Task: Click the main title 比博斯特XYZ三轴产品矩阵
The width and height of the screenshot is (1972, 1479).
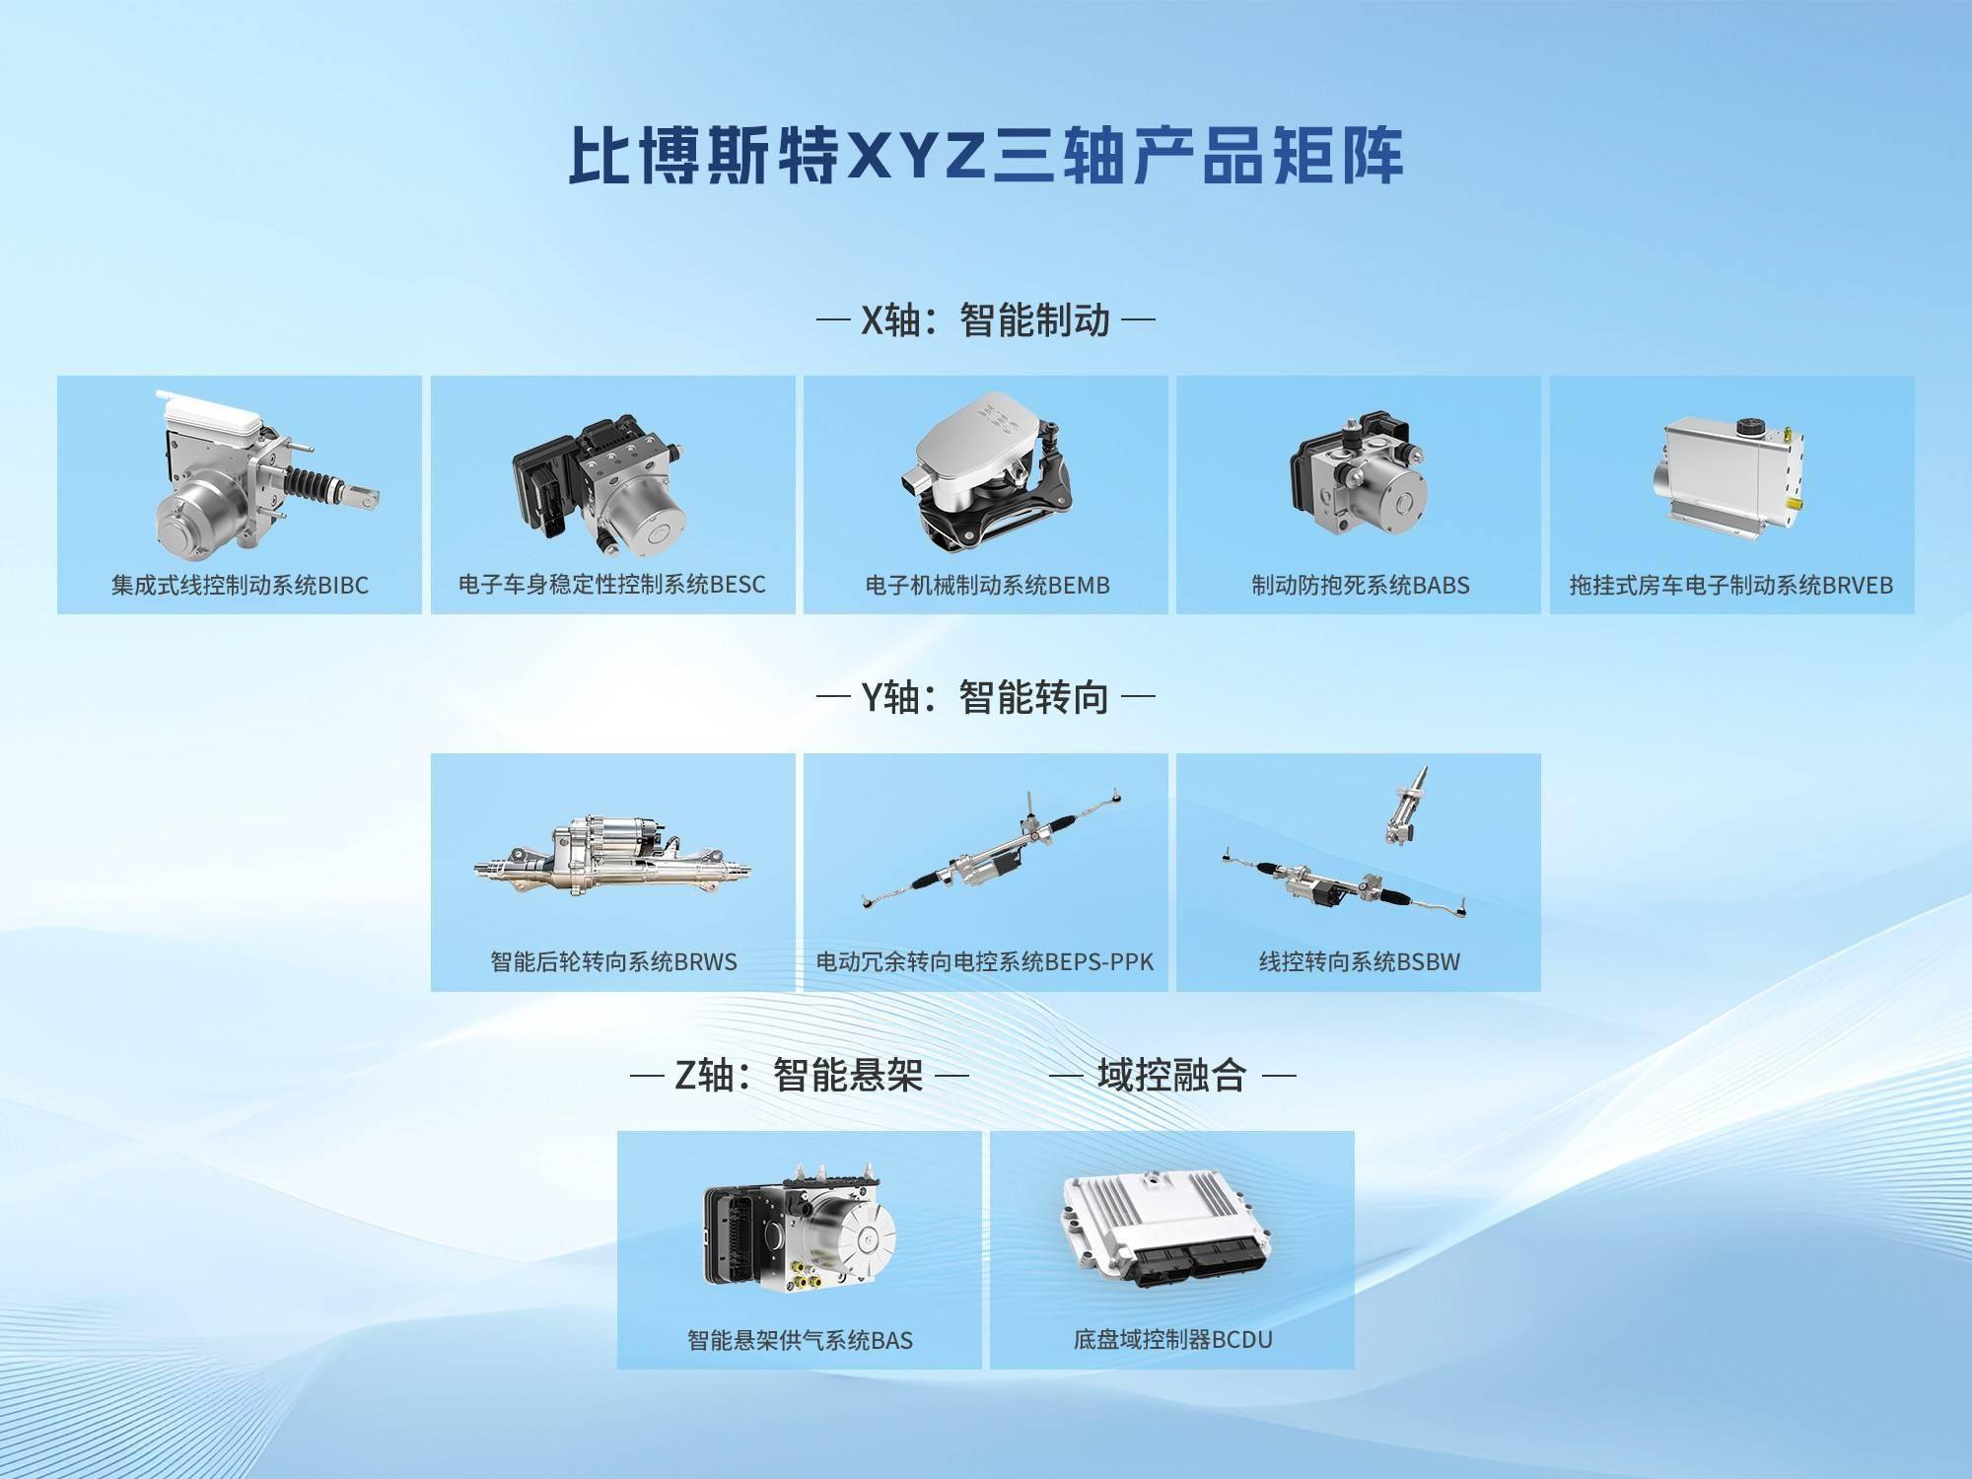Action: [x=986, y=155]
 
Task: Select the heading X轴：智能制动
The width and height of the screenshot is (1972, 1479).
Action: [x=986, y=320]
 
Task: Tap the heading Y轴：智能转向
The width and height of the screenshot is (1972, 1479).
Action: [x=986, y=697]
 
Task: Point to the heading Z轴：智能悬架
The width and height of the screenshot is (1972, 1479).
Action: [x=799, y=1075]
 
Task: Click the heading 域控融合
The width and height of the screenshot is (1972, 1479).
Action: [x=1172, y=1075]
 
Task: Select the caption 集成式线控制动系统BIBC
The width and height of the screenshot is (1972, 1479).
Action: [x=240, y=586]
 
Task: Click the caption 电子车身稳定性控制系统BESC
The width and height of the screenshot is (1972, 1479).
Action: [x=612, y=585]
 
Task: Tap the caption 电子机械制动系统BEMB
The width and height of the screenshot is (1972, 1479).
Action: [x=987, y=586]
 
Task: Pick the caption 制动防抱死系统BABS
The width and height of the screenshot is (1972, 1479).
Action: [x=1360, y=586]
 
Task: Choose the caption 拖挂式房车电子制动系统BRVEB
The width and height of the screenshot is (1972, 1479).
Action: [x=1731, y=586]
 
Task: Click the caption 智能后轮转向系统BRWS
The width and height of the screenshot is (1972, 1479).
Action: [x=613, y=962]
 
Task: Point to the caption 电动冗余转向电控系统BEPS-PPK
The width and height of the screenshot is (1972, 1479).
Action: [x=985, y=962]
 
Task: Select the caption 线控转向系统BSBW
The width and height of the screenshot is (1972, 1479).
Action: [x=1360, y=962]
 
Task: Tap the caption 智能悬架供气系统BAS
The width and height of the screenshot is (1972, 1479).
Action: [x=800, y=1340]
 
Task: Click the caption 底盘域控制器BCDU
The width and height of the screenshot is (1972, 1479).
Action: [x=1172, y=1340]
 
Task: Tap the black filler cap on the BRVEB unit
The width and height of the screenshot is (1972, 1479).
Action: [x=1748, y=429]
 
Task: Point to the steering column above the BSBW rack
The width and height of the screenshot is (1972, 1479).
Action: [x=1405, y=806]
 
